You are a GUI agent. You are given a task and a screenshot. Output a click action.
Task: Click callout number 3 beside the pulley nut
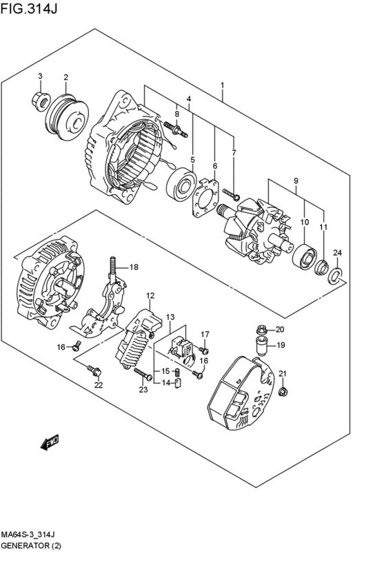(40, 76)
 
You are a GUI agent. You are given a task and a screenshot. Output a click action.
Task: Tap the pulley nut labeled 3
(40, 102)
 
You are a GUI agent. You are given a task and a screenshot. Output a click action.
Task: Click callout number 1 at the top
(223, 85)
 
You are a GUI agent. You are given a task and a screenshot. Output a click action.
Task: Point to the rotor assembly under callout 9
(256, 227)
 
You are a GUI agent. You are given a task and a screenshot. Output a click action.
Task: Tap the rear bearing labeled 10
(303, 257)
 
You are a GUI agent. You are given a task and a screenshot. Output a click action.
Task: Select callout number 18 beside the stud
(134, 267)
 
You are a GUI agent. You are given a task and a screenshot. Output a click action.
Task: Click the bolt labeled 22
(94, 370)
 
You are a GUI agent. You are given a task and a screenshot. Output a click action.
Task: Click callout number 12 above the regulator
(150, 295)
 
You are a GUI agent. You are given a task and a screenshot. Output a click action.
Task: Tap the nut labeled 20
(261, 329)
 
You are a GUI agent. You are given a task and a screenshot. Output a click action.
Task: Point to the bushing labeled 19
(261, 346)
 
